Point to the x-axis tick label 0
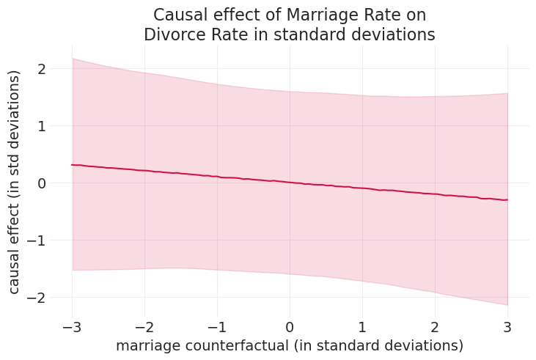click(x=290, y=326)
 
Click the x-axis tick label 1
click(x=362, y=326)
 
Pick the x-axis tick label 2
click(x=435, y=326)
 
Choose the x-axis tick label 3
click(x=507, y=326)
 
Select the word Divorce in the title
click(x=174, y=34)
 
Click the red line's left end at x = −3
click(x=72, y=164)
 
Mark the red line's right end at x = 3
click(x=507, y=200)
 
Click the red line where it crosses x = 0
click(x=290, y=182)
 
